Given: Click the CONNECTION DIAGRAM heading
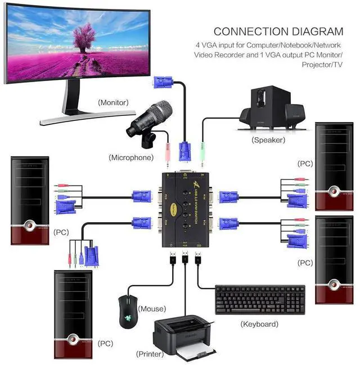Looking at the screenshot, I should pyautogui.click(x=278, y=31).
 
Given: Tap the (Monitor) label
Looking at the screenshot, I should pyautogui.click(x=113, y=102).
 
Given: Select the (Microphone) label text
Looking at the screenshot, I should pyautogui.click(x=131, y=157).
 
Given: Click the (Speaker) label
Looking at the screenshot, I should pyautogui.click(x=268, y=139).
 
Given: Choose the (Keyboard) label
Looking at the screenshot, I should pyautogui.click(x=259, y=324).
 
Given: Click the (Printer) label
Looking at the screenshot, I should pyautogui.click(x=150, y=354).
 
